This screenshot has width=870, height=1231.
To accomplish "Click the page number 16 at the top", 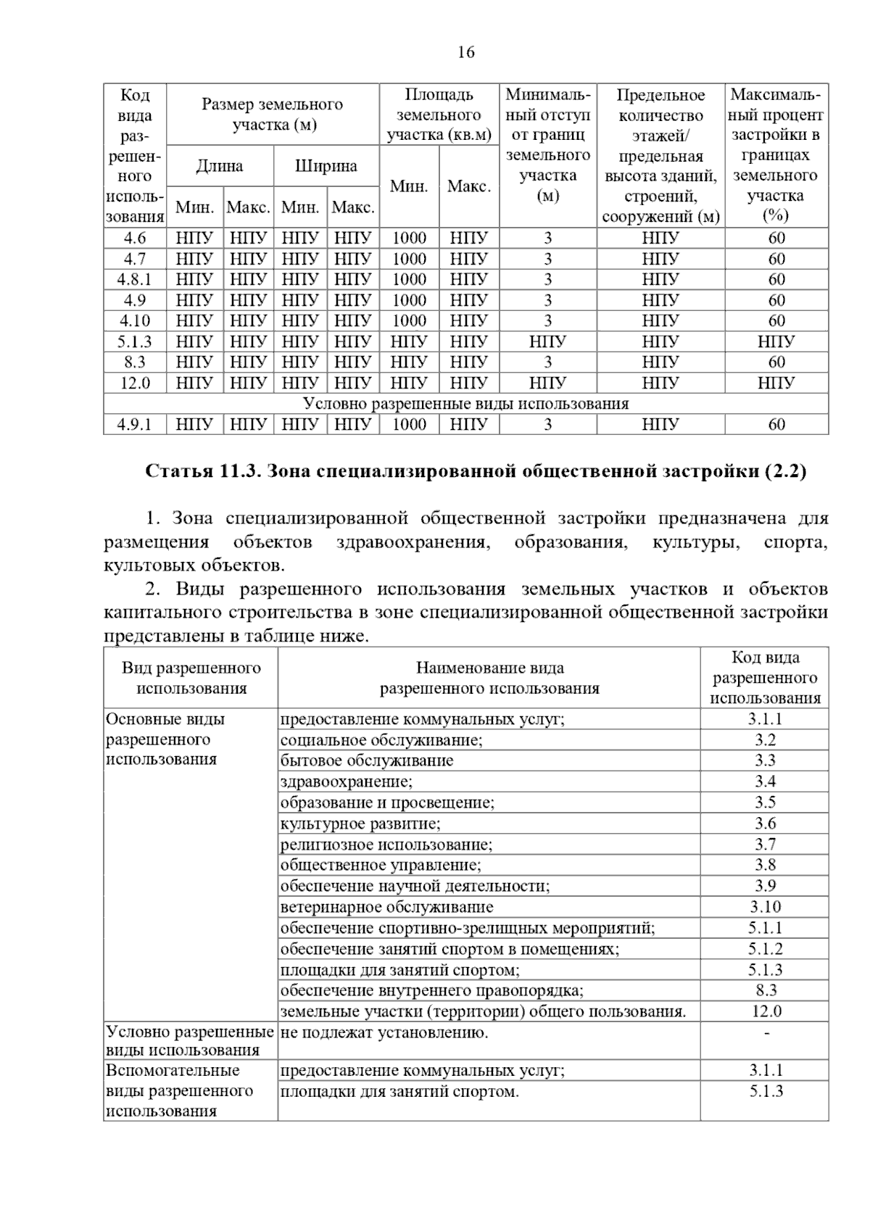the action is tap(465, 52).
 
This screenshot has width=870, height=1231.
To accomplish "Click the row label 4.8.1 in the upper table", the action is tap(135, 279).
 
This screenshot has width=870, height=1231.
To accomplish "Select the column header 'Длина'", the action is tap(220, 166).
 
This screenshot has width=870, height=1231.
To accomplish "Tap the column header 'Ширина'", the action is tap(326, 166).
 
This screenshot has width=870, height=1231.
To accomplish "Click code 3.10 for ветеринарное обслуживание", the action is tap(765, 907).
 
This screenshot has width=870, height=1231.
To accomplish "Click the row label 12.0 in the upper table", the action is tap(135, 383).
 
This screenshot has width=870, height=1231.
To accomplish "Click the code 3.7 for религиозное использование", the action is tap(765, 845).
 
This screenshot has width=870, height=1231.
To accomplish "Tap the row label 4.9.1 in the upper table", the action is tap(135, 425).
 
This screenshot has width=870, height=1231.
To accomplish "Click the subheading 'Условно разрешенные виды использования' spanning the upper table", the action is tap(465, 404).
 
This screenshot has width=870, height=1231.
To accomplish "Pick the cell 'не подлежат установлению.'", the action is tap(384, 1032).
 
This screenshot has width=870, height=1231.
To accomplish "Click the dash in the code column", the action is tap(766, 1032).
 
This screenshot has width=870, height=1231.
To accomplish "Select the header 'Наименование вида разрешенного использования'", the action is tap(489, 678).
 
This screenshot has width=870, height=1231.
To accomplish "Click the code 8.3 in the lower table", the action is tap(766, 990).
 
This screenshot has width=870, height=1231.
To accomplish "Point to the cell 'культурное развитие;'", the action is tap(360, 824).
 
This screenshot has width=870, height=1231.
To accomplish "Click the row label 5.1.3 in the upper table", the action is tap(135, 341).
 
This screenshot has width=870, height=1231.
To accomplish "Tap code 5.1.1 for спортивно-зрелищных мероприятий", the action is tap(766, 928).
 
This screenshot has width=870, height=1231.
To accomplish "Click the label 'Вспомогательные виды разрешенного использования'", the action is tap(179, 1090).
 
